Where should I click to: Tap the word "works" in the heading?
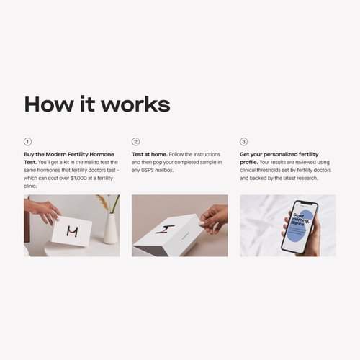click(x=137, y=104)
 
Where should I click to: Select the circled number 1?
click(x=28, y=142)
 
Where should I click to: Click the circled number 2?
click(x=135, y=142)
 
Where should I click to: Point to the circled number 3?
click(x=243, y=142)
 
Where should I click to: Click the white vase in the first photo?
click(x=110, y=228)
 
